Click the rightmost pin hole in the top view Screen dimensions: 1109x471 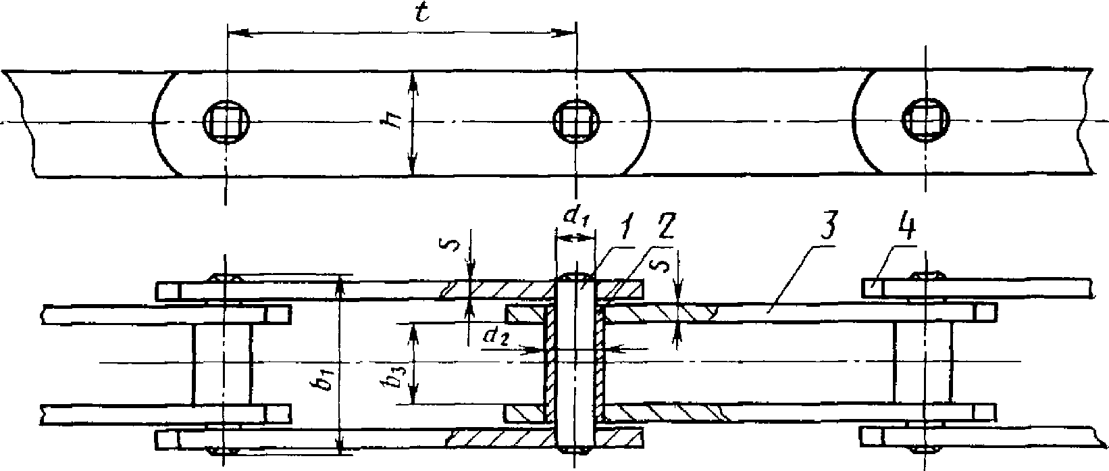coord(926,122)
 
